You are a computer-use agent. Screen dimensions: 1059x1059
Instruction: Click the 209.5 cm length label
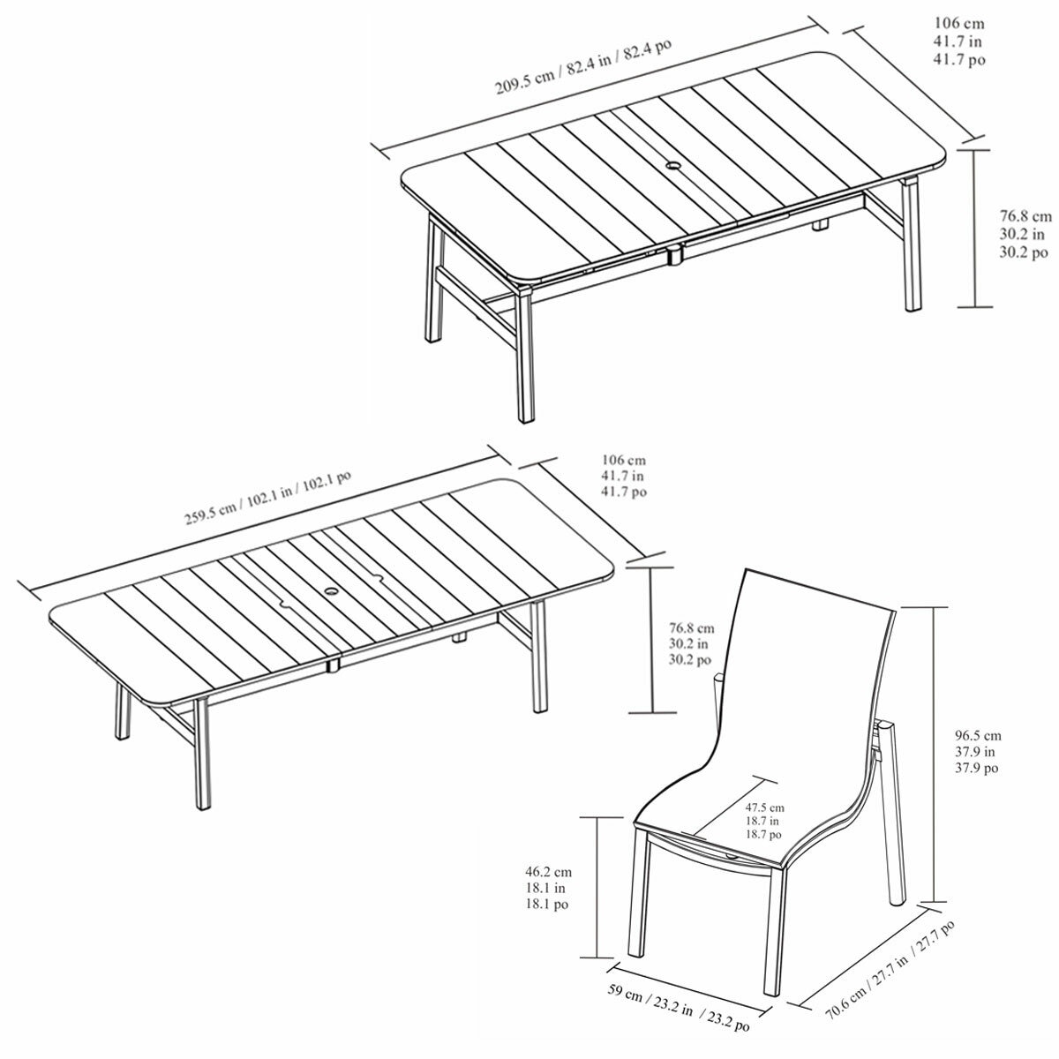[583, 66]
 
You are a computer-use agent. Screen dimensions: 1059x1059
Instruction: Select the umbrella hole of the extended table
[332, 590]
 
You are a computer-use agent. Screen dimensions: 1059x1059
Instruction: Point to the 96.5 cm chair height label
[978, 751]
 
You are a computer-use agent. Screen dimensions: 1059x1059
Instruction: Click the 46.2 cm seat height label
[548, 888]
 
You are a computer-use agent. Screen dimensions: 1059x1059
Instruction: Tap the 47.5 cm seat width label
[764, 821]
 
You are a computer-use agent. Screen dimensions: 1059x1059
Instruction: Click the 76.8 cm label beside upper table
[1025, 234]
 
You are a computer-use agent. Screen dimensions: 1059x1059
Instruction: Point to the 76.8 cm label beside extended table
[691, 643]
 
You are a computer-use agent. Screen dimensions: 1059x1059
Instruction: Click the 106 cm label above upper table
[959, 41]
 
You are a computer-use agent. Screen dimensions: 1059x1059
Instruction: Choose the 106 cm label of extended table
[624, 476]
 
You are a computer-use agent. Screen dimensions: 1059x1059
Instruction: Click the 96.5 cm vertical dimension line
[933, 756]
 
